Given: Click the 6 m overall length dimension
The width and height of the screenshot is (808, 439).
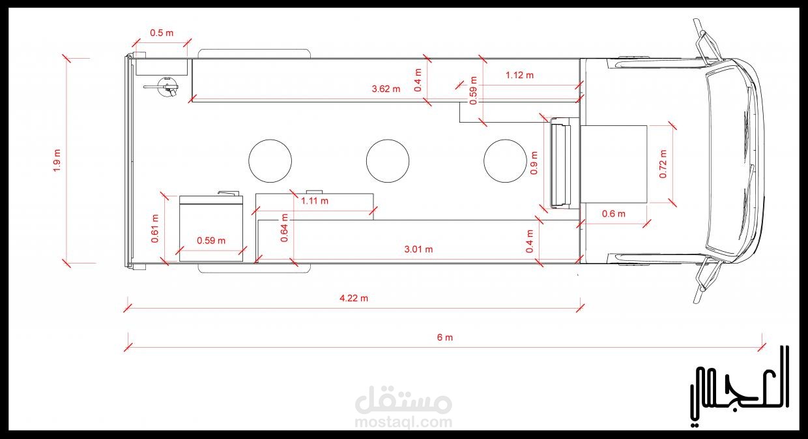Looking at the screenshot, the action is (445, 337).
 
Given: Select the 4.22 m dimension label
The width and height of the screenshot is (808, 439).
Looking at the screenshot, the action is (354, 298).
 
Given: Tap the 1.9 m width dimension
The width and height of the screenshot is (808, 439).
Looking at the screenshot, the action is (57, 160).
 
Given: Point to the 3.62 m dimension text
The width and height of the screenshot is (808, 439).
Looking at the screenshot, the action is (386, 89).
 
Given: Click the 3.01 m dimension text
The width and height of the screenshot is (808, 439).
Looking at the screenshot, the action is (418, 249).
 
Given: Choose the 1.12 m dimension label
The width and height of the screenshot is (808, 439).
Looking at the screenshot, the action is (519, 75).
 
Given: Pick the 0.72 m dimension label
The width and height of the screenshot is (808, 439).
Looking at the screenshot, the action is (663, 164).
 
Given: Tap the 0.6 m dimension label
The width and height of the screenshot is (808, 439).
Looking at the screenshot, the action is (614, 214).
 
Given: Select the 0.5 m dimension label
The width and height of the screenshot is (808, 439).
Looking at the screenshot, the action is (162, 33).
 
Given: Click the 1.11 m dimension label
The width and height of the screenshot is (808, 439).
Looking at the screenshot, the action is (315, 201).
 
